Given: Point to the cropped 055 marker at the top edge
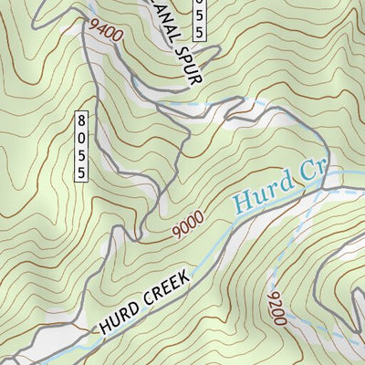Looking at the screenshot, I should tap(202, 18).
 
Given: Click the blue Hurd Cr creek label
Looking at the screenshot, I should tap(275, 186).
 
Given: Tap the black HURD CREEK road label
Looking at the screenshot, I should tap(145, 299).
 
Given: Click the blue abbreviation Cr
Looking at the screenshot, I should tap(308, 173).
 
